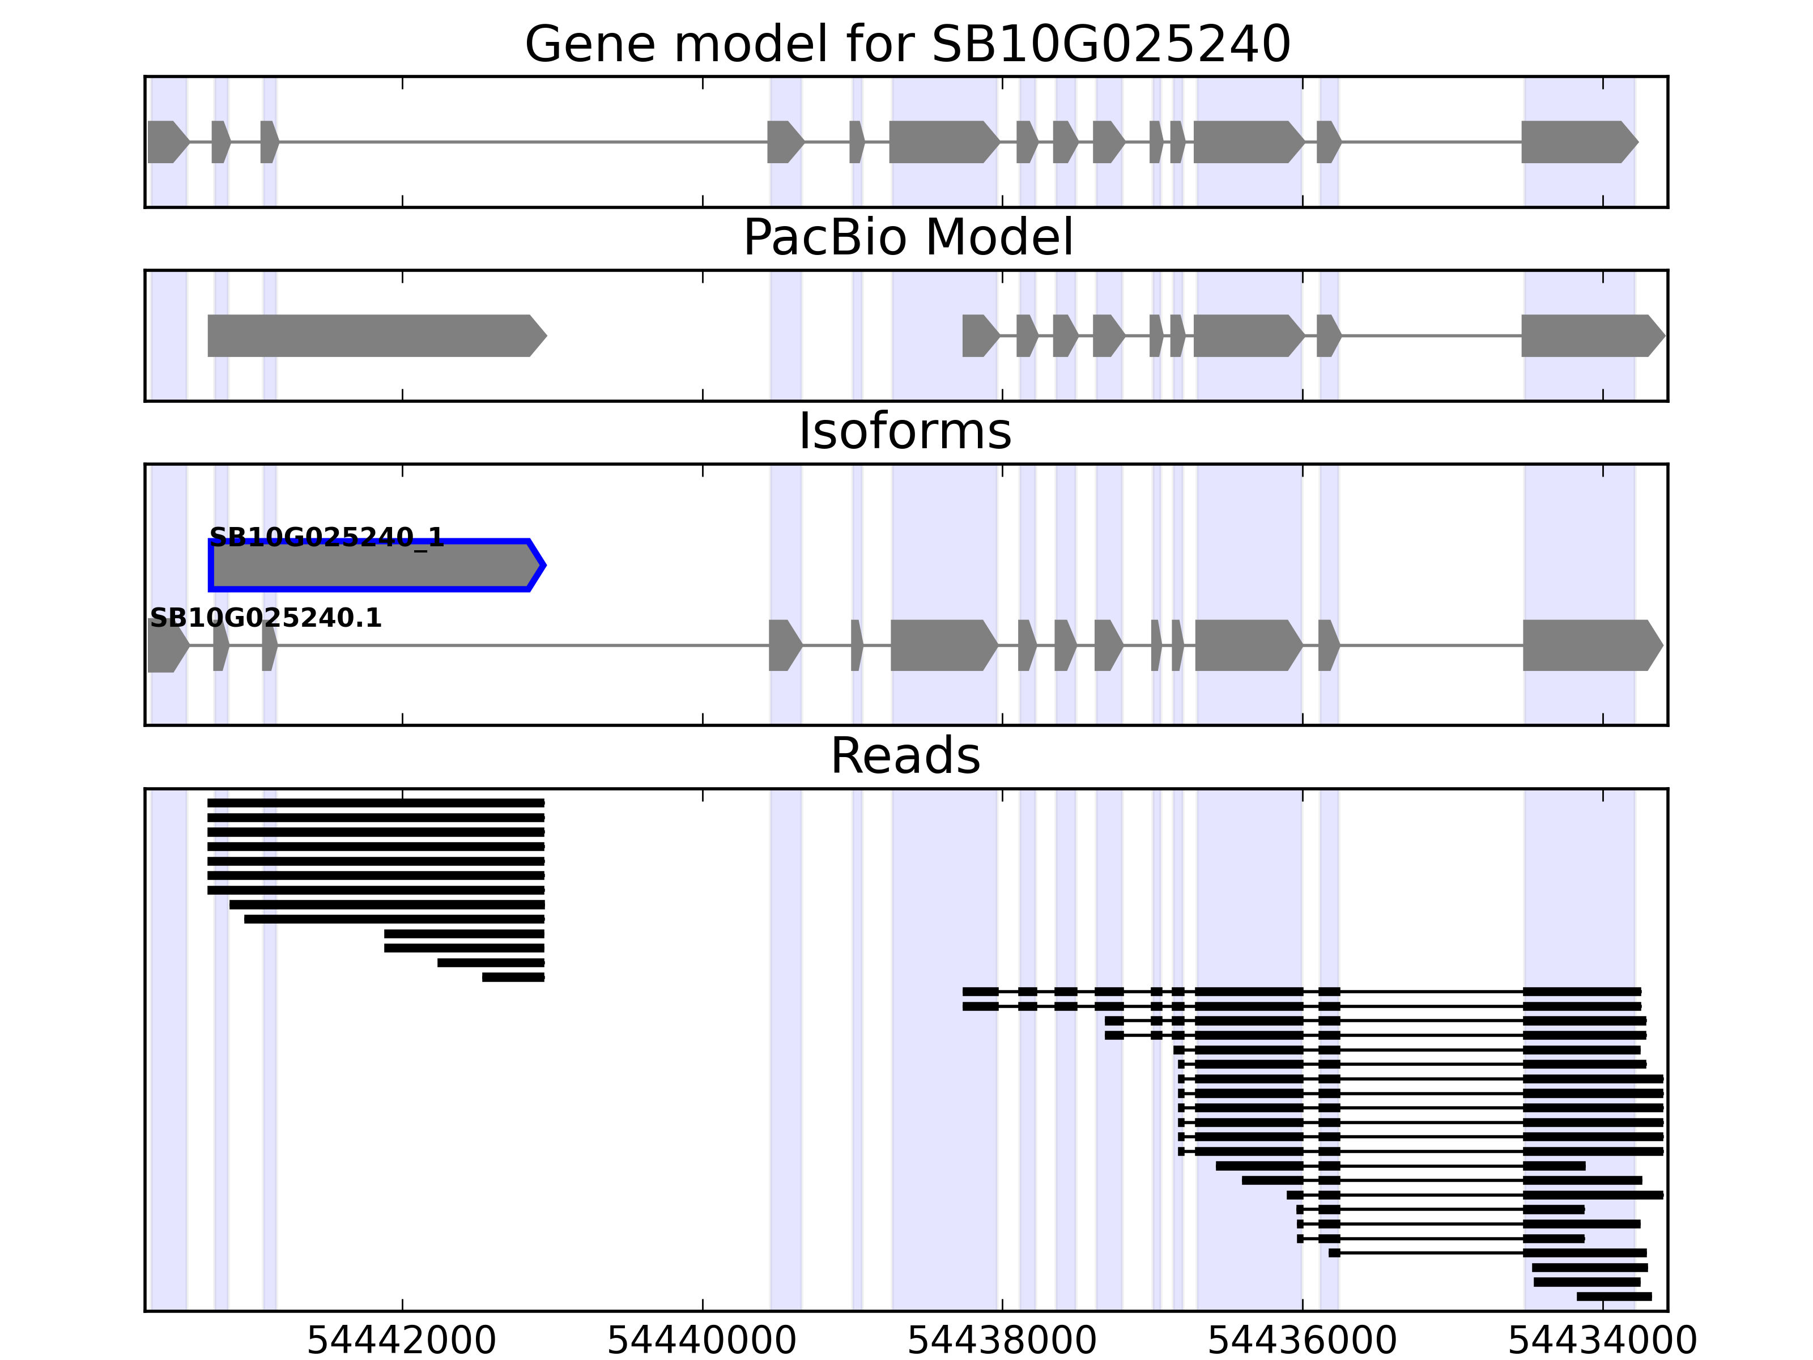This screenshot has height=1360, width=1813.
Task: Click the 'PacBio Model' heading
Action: pos(906,238)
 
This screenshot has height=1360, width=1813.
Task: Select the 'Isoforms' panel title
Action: pos(905,431)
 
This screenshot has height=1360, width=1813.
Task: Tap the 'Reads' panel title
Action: pos(905,756)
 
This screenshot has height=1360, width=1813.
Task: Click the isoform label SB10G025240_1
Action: pos(326,538)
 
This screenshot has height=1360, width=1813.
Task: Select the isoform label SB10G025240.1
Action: pos(266,618)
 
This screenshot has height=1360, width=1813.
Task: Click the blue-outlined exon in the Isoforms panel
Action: pos(373,566)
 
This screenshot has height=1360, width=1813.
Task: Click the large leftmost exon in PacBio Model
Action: pos(373,335)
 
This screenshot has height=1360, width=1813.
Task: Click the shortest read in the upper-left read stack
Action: pos(513,977)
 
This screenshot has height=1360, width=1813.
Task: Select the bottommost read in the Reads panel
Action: pos(1614,1296)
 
